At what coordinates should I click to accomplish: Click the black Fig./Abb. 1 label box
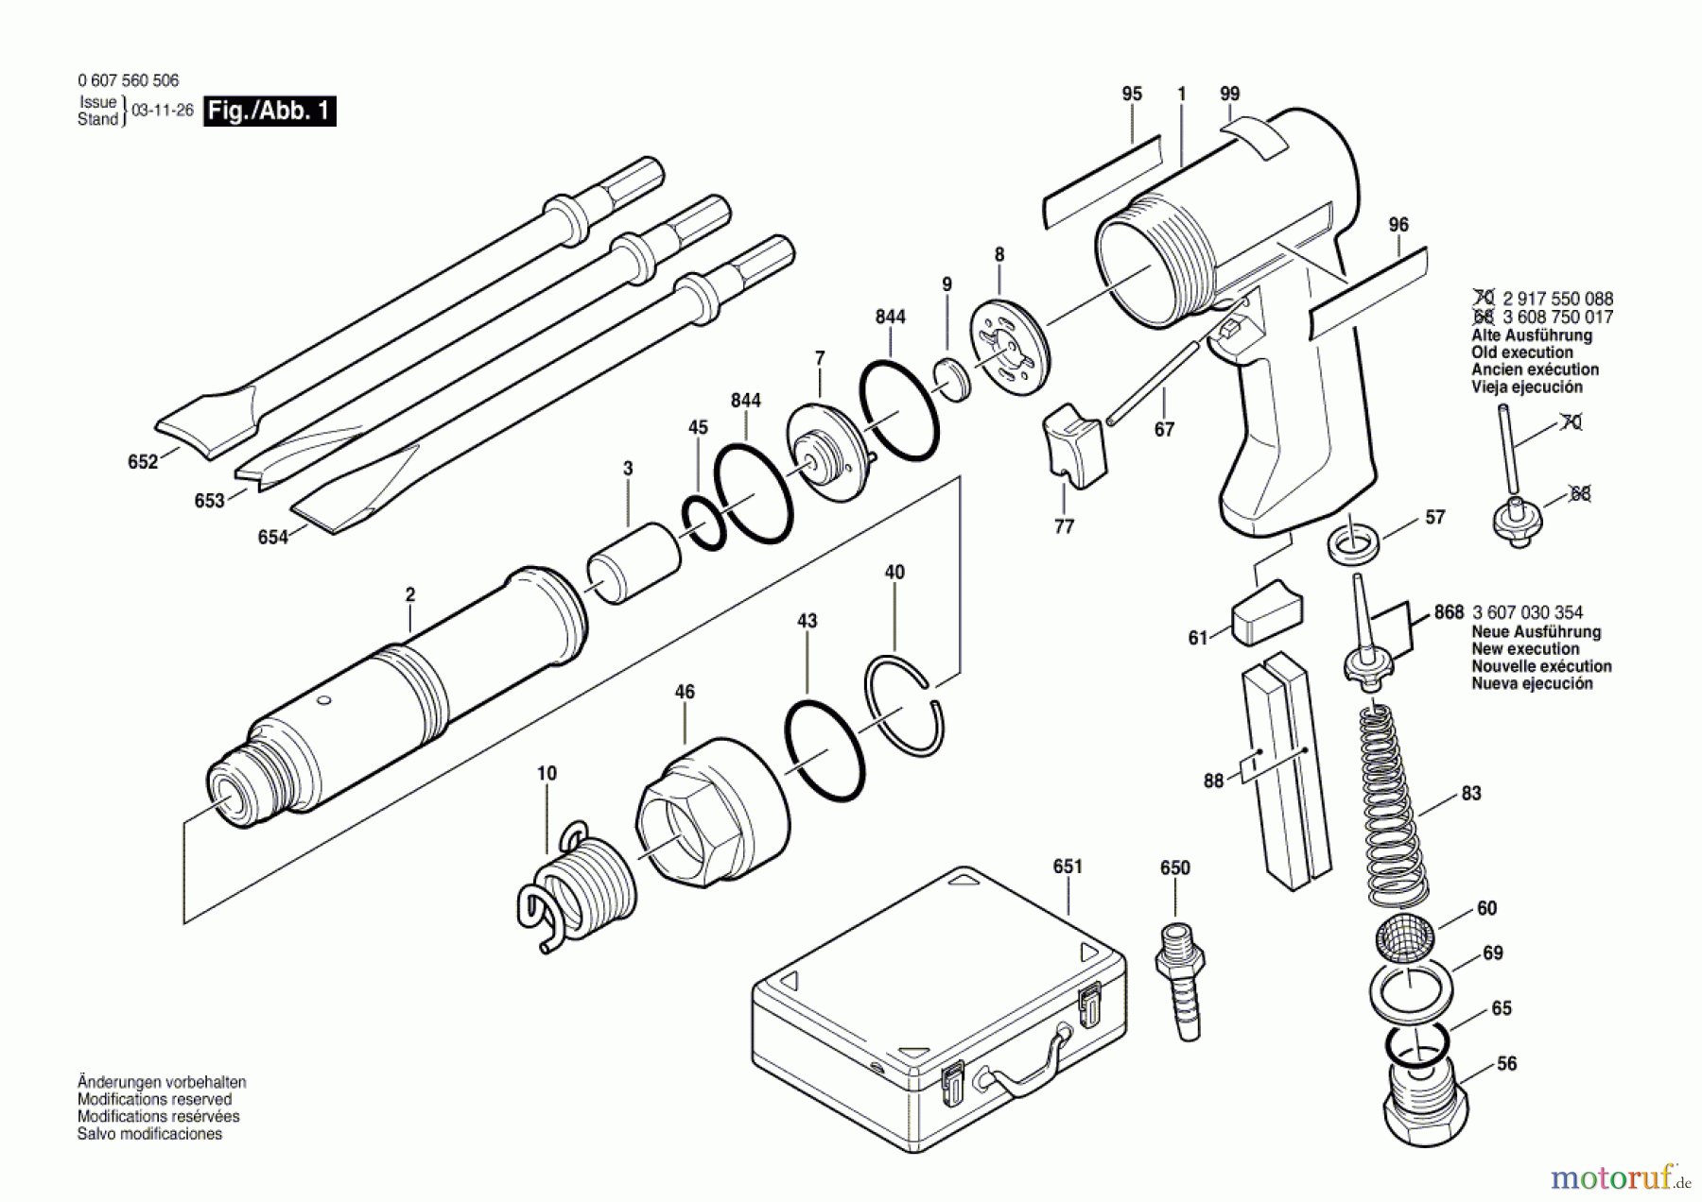(270, 111)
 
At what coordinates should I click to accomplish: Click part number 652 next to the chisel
(143, 462)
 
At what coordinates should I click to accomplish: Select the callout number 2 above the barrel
(409, 595)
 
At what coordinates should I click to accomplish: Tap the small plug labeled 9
(949, 378)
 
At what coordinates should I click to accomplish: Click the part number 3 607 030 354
(1527, 612)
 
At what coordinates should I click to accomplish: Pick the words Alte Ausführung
(1531, 335)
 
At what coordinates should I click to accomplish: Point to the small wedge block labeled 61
(1266, 614)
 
